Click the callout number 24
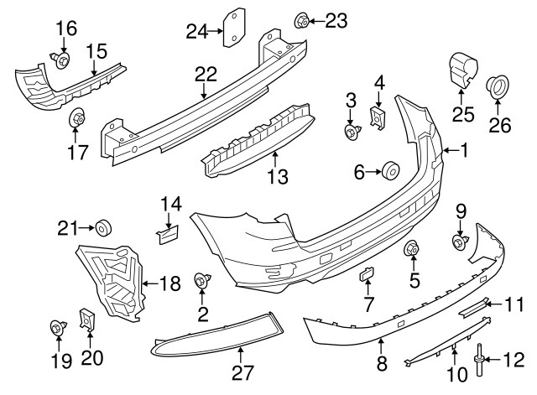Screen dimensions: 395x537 pyautogui.click(x=196, y=32)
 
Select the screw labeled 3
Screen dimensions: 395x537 pyautogui.click(x=352, y=131)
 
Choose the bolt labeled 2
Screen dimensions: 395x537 pyautogui.click(x=202, y=281)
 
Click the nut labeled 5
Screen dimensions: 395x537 pyautogui.click(x=413, y=249)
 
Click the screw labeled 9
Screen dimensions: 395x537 pyautogui.click(x=460, y=242)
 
